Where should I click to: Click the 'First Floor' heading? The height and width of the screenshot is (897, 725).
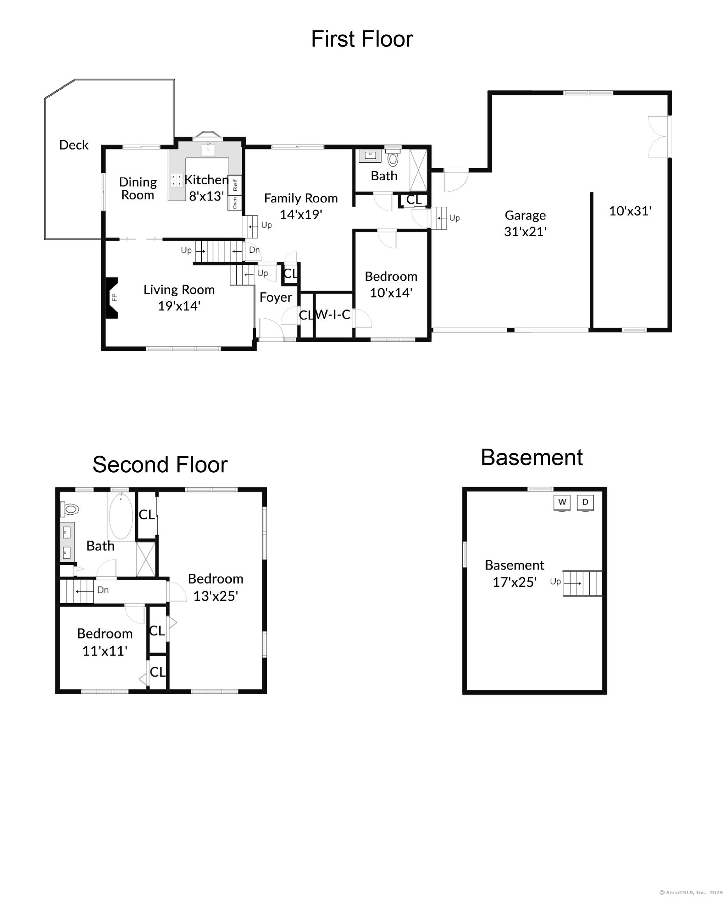[x=362, y=39]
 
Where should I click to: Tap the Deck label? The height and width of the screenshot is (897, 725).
[x=74, y=145]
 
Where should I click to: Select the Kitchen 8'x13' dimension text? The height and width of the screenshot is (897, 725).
[x=206, y=196]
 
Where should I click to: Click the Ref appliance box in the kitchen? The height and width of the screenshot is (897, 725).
[x=235, y=185]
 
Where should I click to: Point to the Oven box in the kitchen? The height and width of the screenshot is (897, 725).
[x=235, y=203]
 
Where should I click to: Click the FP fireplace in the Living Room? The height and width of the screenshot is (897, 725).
[x=112, y=298]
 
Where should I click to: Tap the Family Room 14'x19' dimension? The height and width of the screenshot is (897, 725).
[x=301, y=214]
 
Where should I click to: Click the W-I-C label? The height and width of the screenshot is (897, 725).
[x=333, y=315]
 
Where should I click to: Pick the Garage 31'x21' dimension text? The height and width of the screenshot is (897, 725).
[x=525, y=231]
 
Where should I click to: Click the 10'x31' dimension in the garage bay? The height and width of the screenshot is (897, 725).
[x=630, y=211]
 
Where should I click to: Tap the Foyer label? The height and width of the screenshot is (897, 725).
[x=275, y=297]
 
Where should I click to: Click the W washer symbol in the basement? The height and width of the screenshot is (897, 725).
[x=562, y=502]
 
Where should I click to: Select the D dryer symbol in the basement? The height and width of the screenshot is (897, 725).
[x=585, y=502]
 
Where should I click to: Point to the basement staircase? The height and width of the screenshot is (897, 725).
[x=583, y=583]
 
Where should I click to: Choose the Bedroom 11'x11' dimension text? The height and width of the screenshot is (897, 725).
[x=104, y=651]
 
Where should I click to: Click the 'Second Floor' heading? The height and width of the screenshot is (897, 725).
[x=160, y=465]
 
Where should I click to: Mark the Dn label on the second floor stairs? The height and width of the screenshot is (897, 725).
[x=103, y=590]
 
